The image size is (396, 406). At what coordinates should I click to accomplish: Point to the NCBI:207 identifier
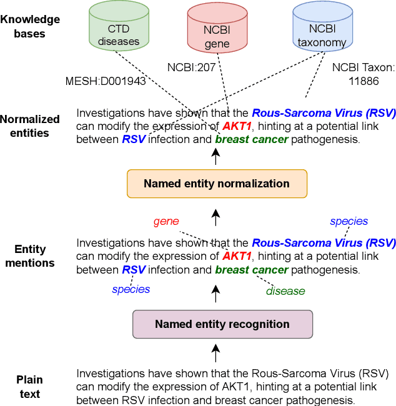191,66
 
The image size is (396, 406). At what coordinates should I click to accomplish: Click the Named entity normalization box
216,184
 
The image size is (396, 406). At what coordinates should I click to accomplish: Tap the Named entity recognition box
222,324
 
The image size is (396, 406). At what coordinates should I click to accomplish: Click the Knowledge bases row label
30,26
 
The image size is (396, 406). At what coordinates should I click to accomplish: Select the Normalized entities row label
30,126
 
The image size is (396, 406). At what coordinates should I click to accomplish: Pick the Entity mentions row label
30,256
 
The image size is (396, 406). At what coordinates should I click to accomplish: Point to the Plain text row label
29,387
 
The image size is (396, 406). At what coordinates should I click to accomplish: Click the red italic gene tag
166,221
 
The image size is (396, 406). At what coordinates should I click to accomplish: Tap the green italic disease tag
285,290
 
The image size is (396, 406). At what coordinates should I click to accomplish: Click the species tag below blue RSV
131,289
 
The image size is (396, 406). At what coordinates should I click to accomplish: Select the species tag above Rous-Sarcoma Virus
349,221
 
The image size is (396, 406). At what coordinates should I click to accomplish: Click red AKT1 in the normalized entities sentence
237,127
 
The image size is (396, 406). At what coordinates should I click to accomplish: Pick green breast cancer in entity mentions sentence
252,270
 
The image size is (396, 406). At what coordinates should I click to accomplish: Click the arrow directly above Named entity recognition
216,291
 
